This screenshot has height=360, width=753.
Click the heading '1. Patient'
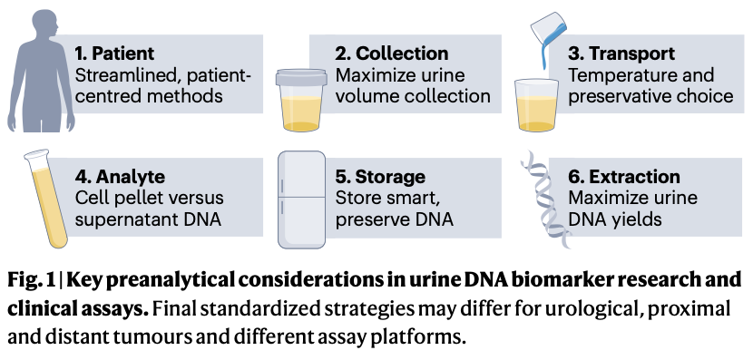tap(115, 54)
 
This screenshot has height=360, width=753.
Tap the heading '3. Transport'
tap(621, 54)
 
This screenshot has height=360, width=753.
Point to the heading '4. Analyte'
tap(121, 176)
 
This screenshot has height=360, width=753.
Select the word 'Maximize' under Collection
tap(372, 74)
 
